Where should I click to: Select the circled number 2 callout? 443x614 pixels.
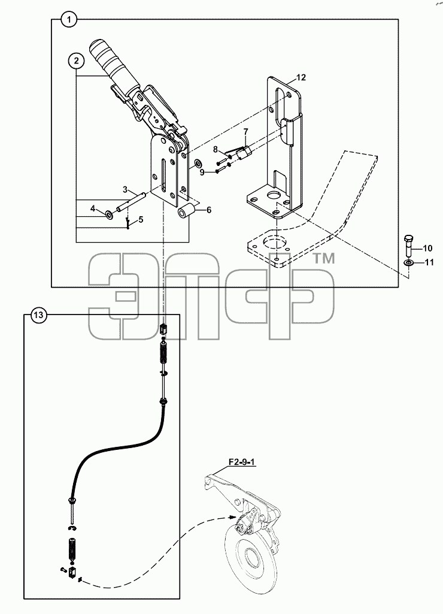tap(76, 61)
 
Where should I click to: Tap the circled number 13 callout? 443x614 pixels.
tap(39, 315)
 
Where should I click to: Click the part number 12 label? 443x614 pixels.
tap(301, 77)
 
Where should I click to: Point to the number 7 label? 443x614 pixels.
tap(246, 131)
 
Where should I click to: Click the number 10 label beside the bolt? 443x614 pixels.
tap(427, 248)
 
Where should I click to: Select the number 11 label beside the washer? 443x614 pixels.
tap(429, 262)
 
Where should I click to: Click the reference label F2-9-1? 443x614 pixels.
tap(242, 462)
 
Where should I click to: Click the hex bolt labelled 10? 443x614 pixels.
tap(408, 246)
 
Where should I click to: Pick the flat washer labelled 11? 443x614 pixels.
tap(408, 262)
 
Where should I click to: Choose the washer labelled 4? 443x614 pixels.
tap(108, 214)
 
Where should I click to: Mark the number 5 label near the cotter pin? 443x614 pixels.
tap(141, 219)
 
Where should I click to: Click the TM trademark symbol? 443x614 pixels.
tap(324, 259)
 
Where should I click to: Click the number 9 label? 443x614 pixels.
tap(202, 173)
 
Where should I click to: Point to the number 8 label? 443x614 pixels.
tap(216, 149)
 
